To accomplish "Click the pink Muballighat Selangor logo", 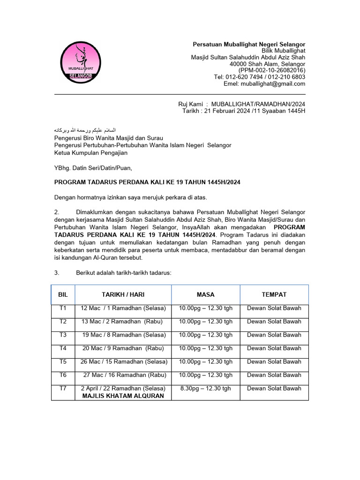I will click(81, 62).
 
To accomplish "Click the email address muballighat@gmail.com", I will click(273, 84).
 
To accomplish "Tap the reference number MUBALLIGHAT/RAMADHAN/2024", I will click(258, 104).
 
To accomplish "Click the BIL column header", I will click(63, 294).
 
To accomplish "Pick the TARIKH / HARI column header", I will click(123, 294).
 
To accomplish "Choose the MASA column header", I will click(206, 294).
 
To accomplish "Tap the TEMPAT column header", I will click(274, 294).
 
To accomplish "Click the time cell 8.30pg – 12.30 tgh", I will click(206, 388).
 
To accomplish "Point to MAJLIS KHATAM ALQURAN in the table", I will click(123, 396).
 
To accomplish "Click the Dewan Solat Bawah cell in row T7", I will click(274, 388).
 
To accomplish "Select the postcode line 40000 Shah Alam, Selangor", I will click(267, 64).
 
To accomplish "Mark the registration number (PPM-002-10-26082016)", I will click(272, 71).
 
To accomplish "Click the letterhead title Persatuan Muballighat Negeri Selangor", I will click(249, 45).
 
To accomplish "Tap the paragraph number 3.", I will click(56, 273).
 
